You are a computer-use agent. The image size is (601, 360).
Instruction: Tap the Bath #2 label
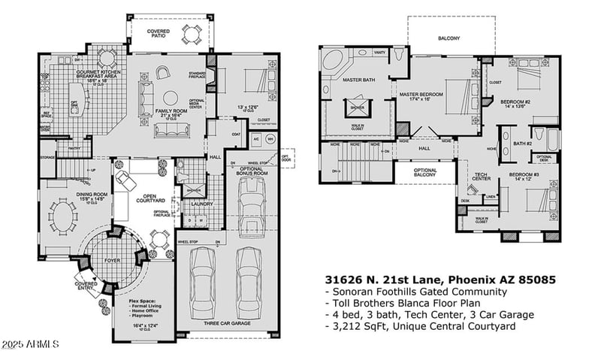click(x=523, y=143)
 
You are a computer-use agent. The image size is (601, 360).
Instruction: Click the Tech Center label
click(x=482, y=177)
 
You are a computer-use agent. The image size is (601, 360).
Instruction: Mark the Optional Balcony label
click(x=425, y=173)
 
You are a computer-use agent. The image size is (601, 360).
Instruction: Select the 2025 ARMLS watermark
click(x=30, y=345)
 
